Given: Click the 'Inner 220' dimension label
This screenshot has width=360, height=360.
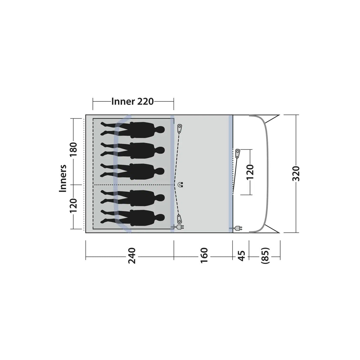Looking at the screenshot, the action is pos(133,102).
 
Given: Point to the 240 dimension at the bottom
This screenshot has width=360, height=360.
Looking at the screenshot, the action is pos(132,255).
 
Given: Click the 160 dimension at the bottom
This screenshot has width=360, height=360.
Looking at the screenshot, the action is pos(204,255).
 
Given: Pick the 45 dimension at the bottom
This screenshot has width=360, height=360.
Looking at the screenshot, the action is pos(241,256).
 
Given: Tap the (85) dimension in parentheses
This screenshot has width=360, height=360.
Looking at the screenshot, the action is pos(265,256).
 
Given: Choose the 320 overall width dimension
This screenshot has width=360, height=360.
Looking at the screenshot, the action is pos(296,173).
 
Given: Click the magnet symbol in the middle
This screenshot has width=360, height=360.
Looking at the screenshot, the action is pos(181,184).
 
